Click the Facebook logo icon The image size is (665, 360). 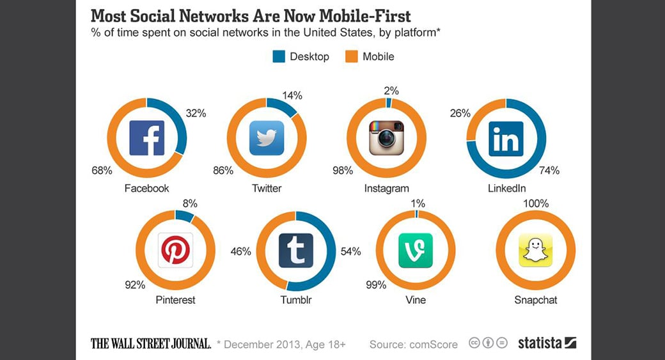(146, 138)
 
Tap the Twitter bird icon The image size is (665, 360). (267, 138)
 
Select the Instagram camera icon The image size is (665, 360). (387, 138)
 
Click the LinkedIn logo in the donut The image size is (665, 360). (506, 138)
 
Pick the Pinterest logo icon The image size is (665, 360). (175, 250)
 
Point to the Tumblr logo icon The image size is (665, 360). (295, 250)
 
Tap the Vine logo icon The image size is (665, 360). (416, 250)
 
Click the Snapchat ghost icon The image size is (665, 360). (535, 250)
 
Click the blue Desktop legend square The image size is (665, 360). (279, 56)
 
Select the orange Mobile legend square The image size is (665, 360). (351, 56)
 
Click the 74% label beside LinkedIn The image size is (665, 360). (549, 170)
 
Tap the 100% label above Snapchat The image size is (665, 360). (536, 203)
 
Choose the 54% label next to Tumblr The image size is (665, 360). (351, 251)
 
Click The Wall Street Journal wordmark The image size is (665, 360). (151, 343)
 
